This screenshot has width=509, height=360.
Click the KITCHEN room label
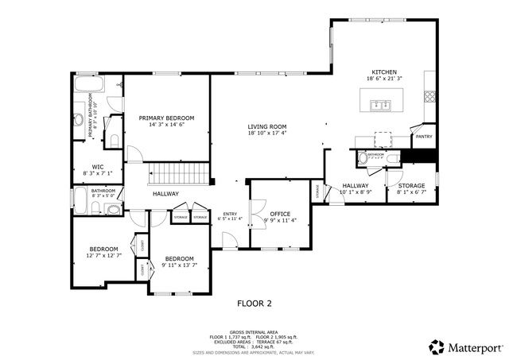pos(384,72)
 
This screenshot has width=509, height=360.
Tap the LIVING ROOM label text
pos(266,127)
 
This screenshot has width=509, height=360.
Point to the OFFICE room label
pos(279,214)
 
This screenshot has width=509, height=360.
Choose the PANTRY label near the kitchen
pos(424,137)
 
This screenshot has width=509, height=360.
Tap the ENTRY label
pos(230,213)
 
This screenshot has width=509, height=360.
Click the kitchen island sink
pos(379,103)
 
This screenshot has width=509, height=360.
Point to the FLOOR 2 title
pos(254,303)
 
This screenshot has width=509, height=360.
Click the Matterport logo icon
pos(437,346)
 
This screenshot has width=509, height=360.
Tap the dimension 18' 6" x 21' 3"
pos(384,79)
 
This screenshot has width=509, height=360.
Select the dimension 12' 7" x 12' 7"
pos(103,256)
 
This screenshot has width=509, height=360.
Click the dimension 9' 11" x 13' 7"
pos(180,265)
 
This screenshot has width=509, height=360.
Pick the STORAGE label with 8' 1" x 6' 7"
pos(412,185)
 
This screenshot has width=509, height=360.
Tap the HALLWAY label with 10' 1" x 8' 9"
pos(356,185)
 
